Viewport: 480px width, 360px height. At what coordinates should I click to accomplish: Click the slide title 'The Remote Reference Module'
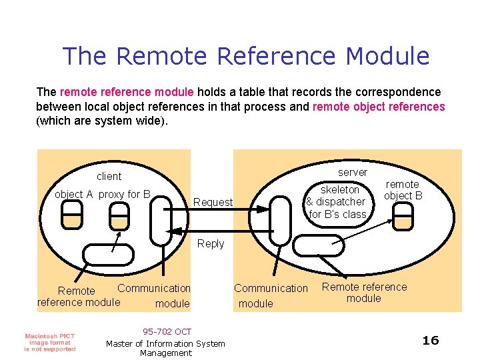click(246, 56)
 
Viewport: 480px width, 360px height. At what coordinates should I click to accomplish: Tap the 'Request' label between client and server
click(213, 202)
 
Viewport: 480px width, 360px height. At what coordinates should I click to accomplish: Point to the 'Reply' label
click(211, 244)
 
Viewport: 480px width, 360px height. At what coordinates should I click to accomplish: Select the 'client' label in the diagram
click(109, 177)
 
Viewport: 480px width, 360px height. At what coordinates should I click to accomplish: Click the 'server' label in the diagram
click(353, 172)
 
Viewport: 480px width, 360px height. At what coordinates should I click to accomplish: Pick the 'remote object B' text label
click(403, 190)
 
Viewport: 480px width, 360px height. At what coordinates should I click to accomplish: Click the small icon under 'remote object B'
click(403, 214)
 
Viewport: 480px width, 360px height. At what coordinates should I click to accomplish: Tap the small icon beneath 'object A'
click(71, 213)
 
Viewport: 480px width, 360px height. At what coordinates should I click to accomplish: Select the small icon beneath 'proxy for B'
click(120, 214)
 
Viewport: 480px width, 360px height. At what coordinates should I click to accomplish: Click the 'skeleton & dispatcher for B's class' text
click(337, 202)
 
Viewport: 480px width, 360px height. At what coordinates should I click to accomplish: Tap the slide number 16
click(431, 341)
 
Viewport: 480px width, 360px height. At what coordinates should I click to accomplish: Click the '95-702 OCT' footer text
click(167, 332)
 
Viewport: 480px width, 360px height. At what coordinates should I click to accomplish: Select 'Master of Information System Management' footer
click(165, 348)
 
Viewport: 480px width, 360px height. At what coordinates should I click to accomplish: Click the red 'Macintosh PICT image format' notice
click(50, 342)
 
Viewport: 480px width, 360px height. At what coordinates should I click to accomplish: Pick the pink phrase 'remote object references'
click(378, 107)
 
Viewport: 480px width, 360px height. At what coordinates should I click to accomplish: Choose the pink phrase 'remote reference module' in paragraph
click(127, 92)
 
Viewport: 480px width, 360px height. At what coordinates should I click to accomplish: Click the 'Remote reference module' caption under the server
click(364, 293)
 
